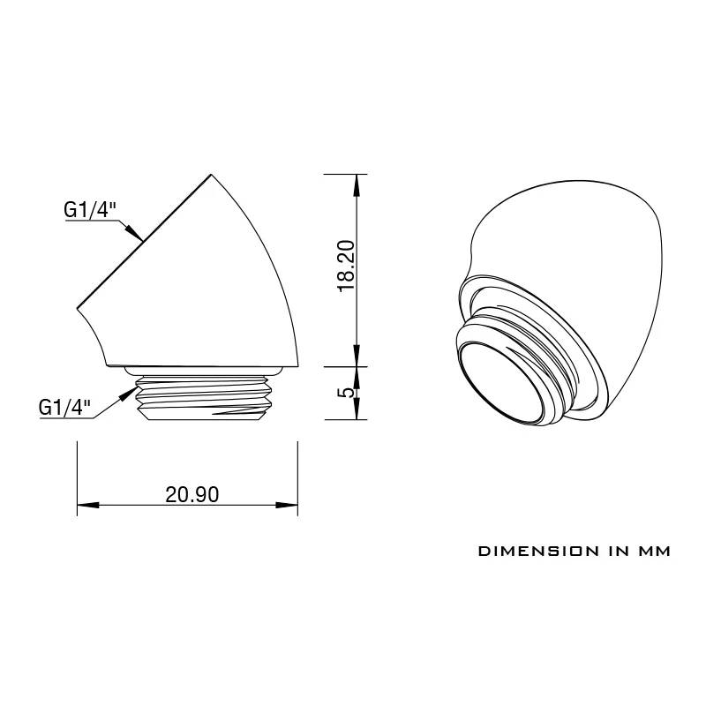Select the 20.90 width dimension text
tap(192, 494)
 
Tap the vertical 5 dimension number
tap(347, 392)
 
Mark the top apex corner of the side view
tap(212, 175)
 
